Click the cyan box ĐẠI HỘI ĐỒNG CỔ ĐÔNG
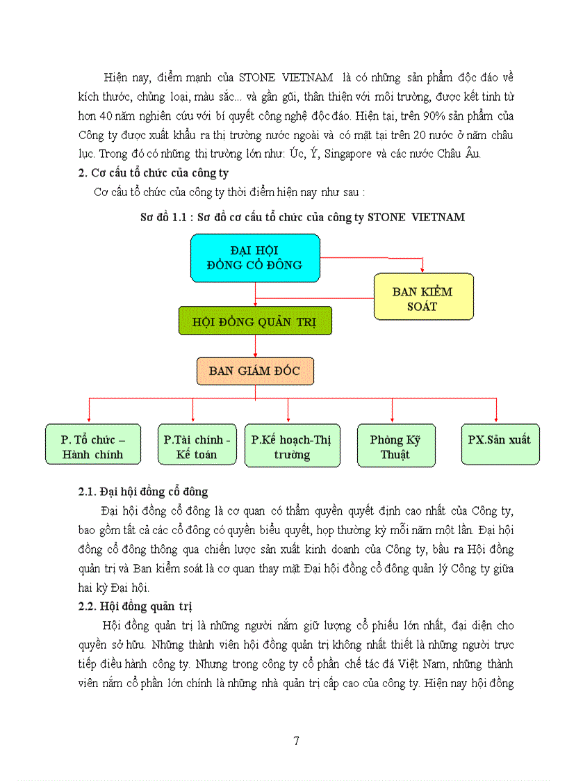coord(255,257)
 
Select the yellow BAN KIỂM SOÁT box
coord(423,298)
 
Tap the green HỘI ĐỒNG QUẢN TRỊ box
coord(255,321)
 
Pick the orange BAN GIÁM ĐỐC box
coord(255,371)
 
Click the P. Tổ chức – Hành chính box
coord(93,445)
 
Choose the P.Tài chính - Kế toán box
coord(197,445)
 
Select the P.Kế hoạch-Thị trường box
coord(292,446)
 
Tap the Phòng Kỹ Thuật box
coord(395,446)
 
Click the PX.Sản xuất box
coord(500,444)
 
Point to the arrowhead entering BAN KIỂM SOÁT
coord(423,269)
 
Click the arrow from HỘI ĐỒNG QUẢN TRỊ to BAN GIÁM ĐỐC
coord(255,346)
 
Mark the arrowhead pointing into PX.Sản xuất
coord(496,419)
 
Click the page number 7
coord(297,741)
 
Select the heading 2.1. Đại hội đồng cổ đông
coord(143,492)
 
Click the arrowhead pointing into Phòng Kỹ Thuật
coord(392,419)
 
